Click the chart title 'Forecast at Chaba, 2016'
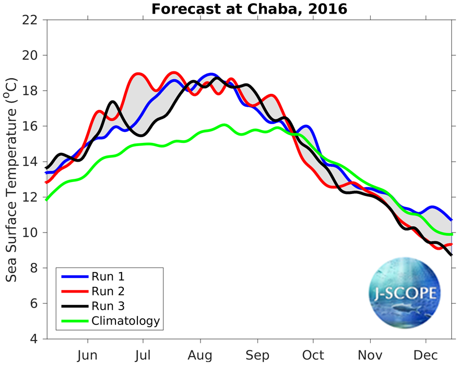click(250, 9)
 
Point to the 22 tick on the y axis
click(33, 20)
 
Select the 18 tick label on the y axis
click(33, 91)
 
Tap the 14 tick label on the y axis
click(33, 162)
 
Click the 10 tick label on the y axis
click(33, 233)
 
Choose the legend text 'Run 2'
click(108, 291)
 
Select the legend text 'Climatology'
click(125, 320)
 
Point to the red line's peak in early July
click(138, 74)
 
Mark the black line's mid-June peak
click(112, 102)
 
